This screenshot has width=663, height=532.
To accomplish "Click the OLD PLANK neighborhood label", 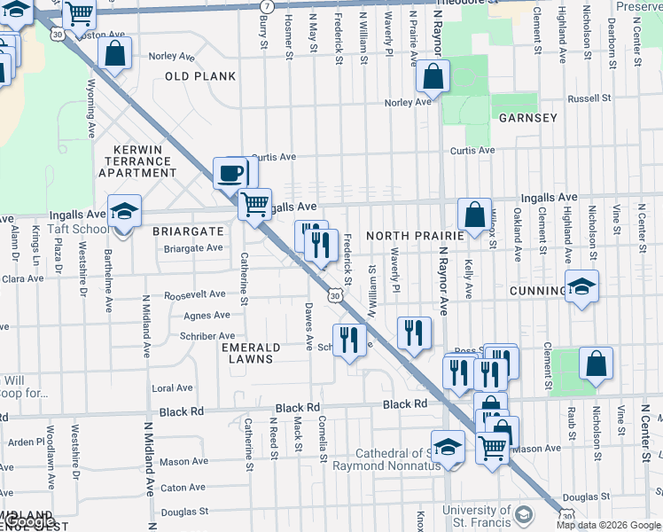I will pyautogui.click(x=200, y=76).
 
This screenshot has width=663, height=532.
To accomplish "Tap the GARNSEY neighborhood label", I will pyautogui.click(x=527, y=118).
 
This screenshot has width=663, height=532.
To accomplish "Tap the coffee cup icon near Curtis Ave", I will pyautogui.click(x=231, y=173).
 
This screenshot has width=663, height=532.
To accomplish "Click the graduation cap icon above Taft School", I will pyautogui.click(x=124, y=212).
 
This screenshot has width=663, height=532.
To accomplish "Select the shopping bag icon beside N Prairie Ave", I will pyautogui.click(x=432, y=78).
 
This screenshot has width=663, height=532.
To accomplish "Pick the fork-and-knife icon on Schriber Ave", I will pyautogui.click(x=349, y=340).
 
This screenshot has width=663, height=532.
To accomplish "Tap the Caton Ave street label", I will pyautogui.click(x=183, y=488).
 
